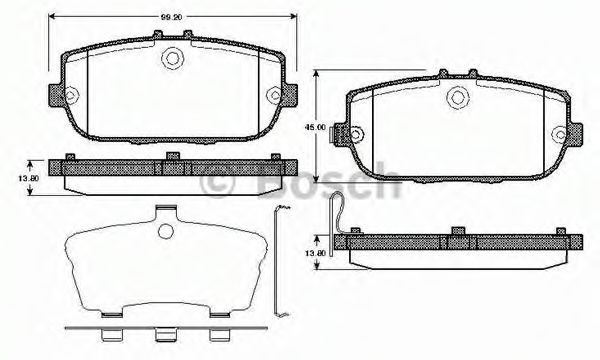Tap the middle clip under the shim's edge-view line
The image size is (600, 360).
pos(164,334)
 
